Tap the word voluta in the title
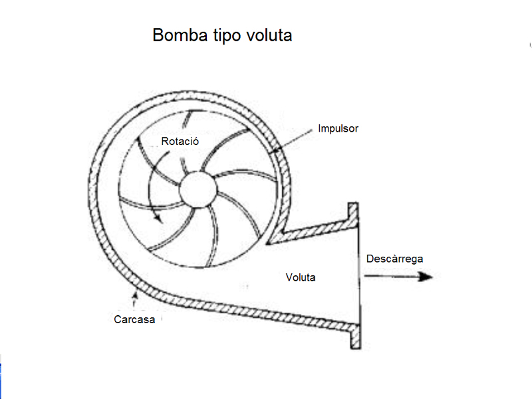[267, 35]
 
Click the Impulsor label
[338, 128]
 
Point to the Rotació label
[180, 142]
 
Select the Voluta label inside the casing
[301, 277]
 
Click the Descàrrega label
[394, 259]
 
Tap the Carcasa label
[134, 319]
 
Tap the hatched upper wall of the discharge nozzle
[313, 229]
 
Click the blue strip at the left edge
[1, 376]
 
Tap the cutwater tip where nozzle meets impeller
[269, 241]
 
